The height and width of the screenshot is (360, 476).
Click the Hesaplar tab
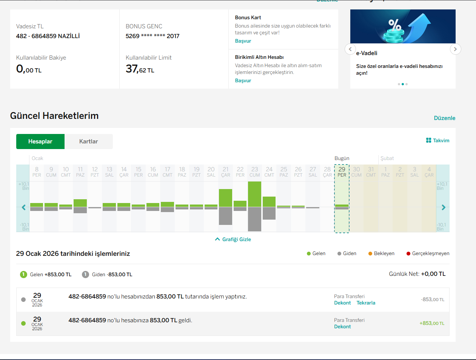click(x=40, y=141)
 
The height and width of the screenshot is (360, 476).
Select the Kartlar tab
click(x=88, y=141)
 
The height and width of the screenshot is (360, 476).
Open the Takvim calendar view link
click(x=437, y=140)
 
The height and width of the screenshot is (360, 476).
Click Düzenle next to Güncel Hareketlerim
click(x=445, y=118)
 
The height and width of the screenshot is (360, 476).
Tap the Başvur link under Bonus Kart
click(x=243, y=41)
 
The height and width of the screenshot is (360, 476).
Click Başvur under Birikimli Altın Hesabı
click(x=243, y=81)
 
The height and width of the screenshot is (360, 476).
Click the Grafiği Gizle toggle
click(x=233, y=239)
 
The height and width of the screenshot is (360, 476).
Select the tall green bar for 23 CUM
click(x=254, y=194)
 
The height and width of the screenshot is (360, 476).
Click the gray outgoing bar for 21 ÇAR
click(x=225, y=216)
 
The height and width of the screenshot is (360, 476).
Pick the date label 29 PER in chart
click(x=342, y=172)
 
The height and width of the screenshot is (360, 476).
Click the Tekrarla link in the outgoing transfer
click(x=366, y=303)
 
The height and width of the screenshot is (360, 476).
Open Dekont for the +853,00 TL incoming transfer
click(x=342, y=327)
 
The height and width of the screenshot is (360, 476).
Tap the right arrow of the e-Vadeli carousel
click(x=455, y=49)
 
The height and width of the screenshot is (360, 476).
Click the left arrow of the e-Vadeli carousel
click(x=350, y=49)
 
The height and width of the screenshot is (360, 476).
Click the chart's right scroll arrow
click(x=444, y=208)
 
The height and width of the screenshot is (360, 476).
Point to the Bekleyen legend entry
click(x=381, y=253)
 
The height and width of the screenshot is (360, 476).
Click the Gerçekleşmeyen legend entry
click(x=428, y=253)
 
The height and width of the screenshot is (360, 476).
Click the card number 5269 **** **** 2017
click(x=153, y=36)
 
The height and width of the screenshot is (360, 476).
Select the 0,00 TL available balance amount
click(x=29, y=69)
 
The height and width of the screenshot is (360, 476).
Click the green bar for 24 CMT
click(x=269, y=202)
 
